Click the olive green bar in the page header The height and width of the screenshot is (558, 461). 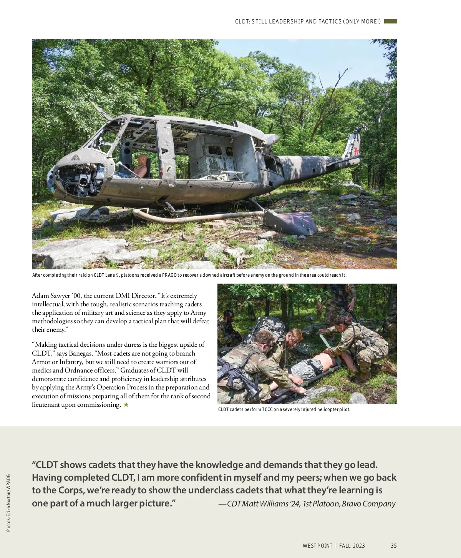tap(390, 22)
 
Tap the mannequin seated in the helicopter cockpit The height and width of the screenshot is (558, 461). tap(141, 166)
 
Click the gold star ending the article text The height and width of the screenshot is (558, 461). tap(126, 404)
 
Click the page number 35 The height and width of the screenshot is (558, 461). tap(393, 546)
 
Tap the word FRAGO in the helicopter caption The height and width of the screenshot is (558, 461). tap(169, 275)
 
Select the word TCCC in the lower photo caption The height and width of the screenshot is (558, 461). tap(267, 409)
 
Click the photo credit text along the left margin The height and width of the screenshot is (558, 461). tap(8, 503)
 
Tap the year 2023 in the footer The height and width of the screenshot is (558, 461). tap(358, 546)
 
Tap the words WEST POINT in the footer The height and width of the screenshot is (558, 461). tap(317, 546)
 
